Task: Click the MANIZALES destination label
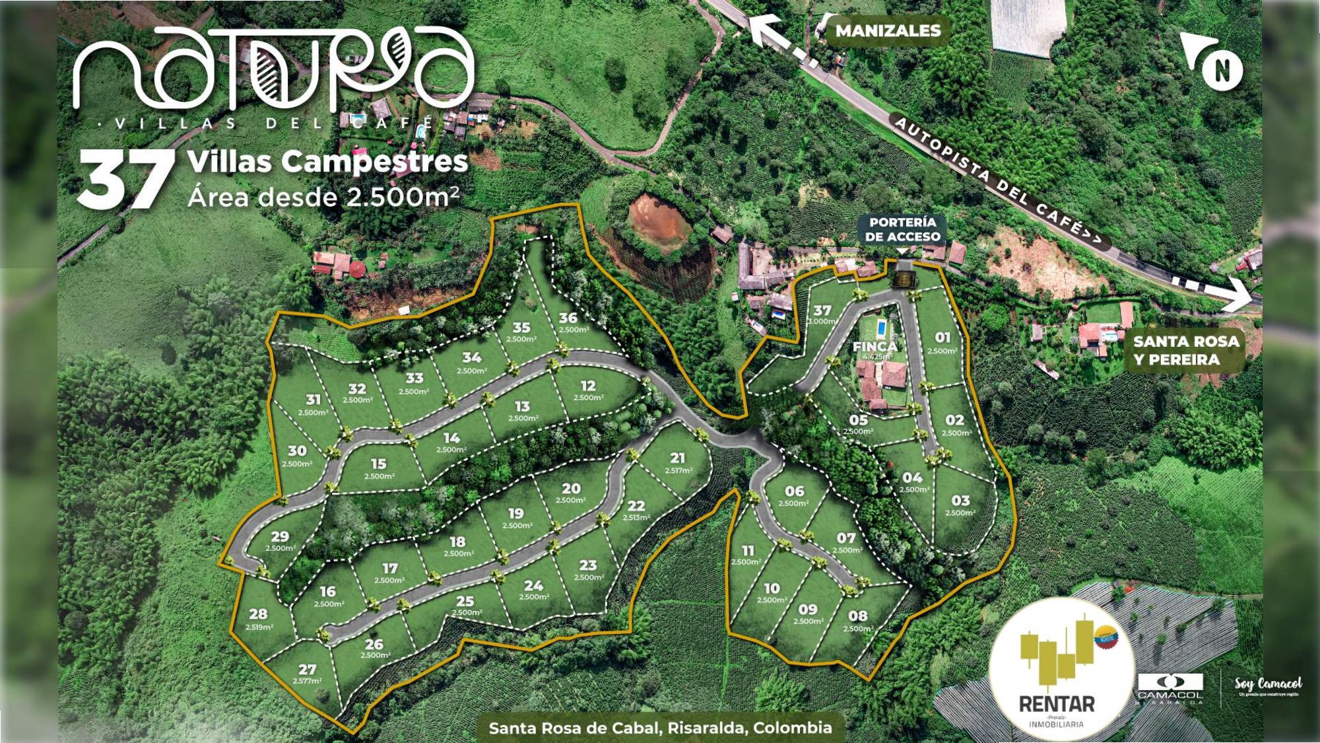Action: (888, 30)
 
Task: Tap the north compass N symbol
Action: (1222, 69)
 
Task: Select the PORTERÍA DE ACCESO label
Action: (902, 229)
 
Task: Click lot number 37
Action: (822, 310)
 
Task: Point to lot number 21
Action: (678, 458)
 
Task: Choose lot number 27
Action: (307, 670)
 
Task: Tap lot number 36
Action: (568, 318)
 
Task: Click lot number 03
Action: (960, 501)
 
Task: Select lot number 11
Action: (747, 550)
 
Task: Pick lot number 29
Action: (280, 536)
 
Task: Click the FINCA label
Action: (875, 347)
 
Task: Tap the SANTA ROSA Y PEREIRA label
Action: (1185, 351)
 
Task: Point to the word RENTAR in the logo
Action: (1057, 703)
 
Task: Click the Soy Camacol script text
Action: (1268, 684)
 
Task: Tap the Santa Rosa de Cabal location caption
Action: (660, 728)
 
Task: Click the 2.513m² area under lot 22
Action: (636, 517)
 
